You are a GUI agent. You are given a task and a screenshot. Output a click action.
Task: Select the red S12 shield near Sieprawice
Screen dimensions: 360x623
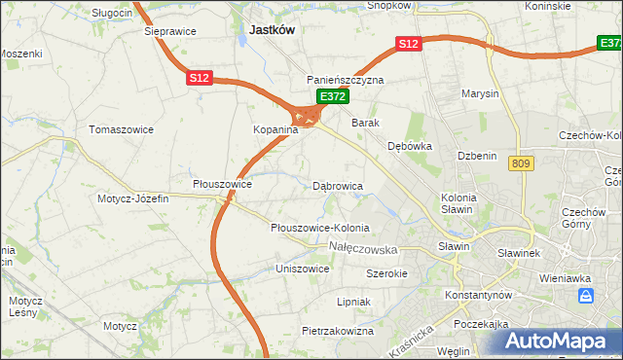point(200,77)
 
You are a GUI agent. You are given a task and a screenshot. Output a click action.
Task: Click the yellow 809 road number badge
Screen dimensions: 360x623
point(519,164)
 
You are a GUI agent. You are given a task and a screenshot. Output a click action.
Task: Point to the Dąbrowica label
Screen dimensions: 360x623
point(338,185)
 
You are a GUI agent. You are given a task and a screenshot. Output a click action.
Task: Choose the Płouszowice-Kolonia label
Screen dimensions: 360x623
point(319,228)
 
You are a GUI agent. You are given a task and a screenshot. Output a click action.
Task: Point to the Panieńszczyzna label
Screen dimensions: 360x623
point(346,80)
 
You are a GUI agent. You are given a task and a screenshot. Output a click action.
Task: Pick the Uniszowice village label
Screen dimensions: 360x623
point(303,268)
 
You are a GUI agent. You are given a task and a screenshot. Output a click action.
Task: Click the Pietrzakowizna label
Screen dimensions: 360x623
point(338,331)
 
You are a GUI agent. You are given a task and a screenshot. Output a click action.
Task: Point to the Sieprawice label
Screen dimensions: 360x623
point(170,31)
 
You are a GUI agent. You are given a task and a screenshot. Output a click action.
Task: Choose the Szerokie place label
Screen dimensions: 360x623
point(386,273)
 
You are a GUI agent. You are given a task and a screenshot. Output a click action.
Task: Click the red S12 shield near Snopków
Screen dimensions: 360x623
point(408,44)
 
